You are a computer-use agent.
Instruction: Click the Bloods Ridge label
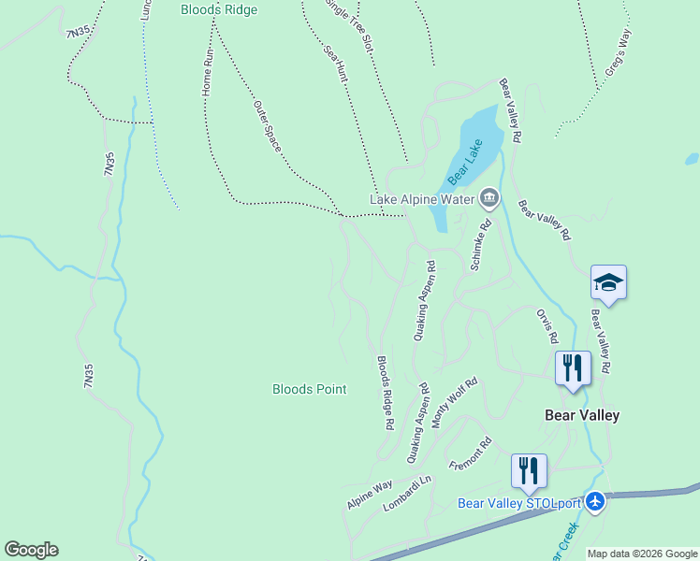pos(218,10)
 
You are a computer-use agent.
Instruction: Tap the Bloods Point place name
pos(309,389)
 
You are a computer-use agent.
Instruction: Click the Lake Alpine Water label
pos(423,199)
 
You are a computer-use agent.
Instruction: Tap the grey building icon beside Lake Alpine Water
pos(489,197)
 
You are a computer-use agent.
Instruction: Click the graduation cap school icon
pos(608,282)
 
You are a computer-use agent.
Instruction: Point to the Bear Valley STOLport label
pos(519,503)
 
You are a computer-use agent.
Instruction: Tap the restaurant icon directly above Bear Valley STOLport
pos(529,471)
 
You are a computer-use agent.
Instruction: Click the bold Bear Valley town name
pos(582,414)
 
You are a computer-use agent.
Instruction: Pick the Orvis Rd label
pos(547,324)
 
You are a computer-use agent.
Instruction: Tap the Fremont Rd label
pos(471,453)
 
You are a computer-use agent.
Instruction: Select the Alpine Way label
pos(370,495)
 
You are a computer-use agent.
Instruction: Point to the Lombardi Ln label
pos(407,494)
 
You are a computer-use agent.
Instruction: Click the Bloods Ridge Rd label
pos(385,393)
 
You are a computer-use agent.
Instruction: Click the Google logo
pos(31,550)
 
